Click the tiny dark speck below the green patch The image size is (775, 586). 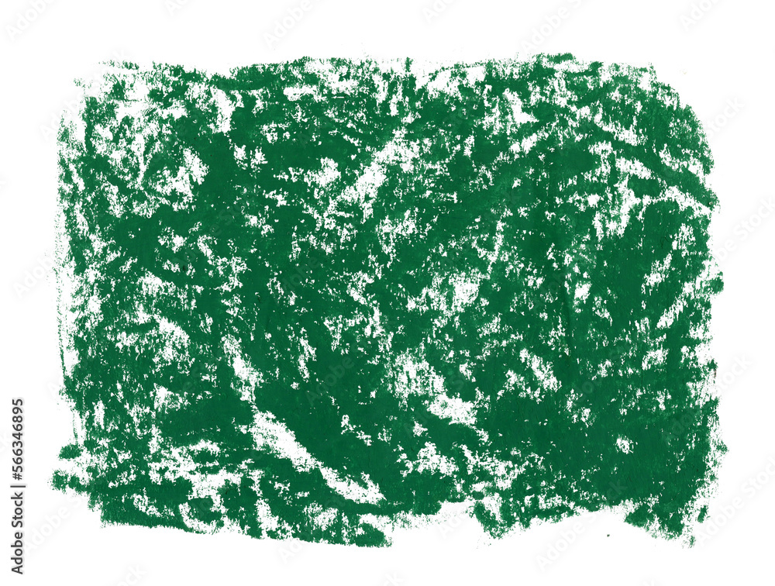point(608,535)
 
